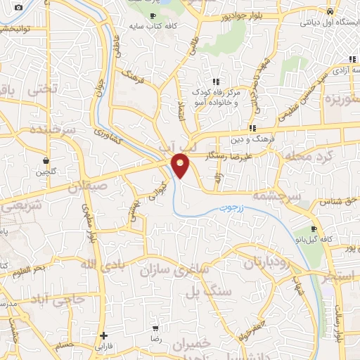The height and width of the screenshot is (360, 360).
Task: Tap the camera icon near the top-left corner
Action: pos(18,8)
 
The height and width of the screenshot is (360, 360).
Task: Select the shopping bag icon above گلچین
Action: pos(46,160)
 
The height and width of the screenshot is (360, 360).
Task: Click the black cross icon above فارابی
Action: pos(104,335)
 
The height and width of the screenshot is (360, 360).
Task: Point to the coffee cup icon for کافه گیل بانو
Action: pos(314,229)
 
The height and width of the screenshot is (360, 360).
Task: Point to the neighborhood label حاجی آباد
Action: pos(60,299)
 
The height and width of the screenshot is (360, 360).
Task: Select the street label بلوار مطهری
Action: pos(89,224)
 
